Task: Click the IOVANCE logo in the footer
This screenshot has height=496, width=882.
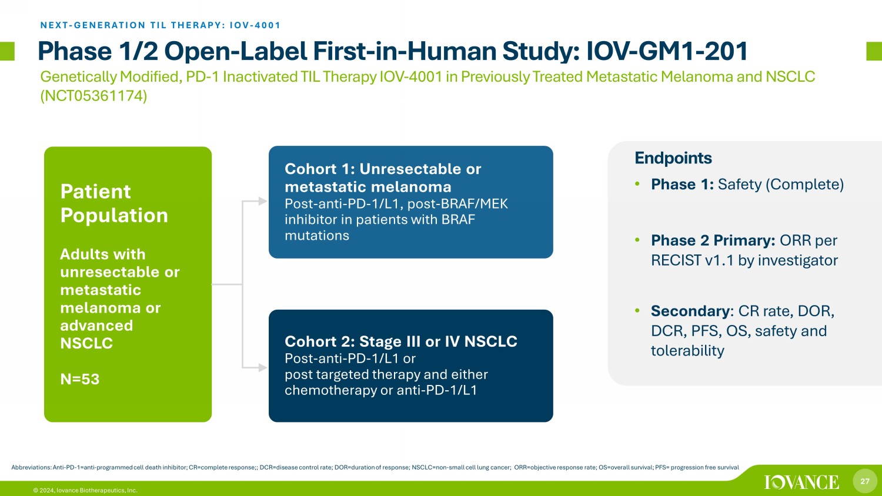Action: pos(801,482)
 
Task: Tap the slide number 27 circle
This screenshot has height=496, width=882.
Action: pos(865,481)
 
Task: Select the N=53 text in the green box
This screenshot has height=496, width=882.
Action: pos(80,379)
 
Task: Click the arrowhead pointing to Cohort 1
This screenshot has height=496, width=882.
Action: pos(263,201)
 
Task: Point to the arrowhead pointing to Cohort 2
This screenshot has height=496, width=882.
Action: pos(263,368)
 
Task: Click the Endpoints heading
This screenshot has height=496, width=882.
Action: pos(673,158)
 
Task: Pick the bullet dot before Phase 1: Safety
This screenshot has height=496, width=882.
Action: pos(637,184)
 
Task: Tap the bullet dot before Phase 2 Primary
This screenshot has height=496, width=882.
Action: pos(637,240)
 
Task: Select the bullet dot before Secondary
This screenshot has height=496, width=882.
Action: pos(637,311)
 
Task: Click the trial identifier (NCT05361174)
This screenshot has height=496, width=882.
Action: pos(93,96)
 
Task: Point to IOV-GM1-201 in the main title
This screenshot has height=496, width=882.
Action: pos(667,51)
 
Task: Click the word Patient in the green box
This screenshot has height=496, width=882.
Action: pos(95,192)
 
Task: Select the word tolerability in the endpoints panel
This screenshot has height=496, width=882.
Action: pos(687,351)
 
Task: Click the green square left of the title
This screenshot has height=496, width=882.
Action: pos(7,51)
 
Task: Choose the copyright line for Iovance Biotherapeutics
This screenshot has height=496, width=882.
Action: pos(85,491)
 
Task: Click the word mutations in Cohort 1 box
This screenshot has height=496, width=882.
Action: pos(317,236)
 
